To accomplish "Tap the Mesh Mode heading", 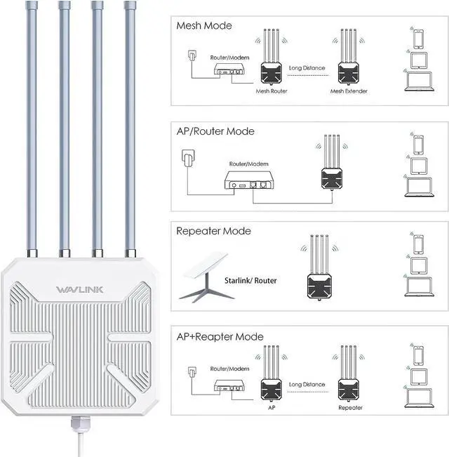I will coord(204,26).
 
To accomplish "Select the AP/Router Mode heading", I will coord(215,131).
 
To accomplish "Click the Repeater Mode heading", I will coord(213,231).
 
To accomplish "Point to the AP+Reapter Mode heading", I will coord(220,336).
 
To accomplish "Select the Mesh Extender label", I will coord(349,91).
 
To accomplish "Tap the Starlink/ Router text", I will coord(250,281).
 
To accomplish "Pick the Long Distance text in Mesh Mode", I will coord(307,68).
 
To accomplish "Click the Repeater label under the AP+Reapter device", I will coord(350,406).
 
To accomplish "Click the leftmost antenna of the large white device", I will coord(31,126).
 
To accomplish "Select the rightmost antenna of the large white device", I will coord(130,126).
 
